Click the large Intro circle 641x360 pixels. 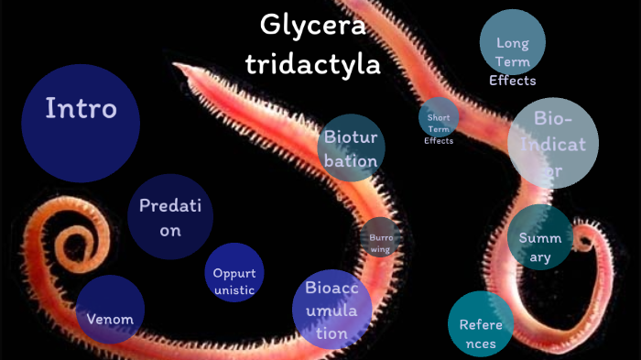coord(81,123)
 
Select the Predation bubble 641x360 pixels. coord(171,217)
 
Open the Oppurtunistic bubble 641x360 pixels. coord(234,273)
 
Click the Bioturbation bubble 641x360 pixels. coord(351,149)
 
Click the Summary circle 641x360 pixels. coord(539,238)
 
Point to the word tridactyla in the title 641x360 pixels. coord(312,63)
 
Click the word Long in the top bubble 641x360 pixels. coord(513,43)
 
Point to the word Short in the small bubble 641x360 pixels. coord(439,116)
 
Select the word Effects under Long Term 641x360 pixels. coord(513,80)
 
